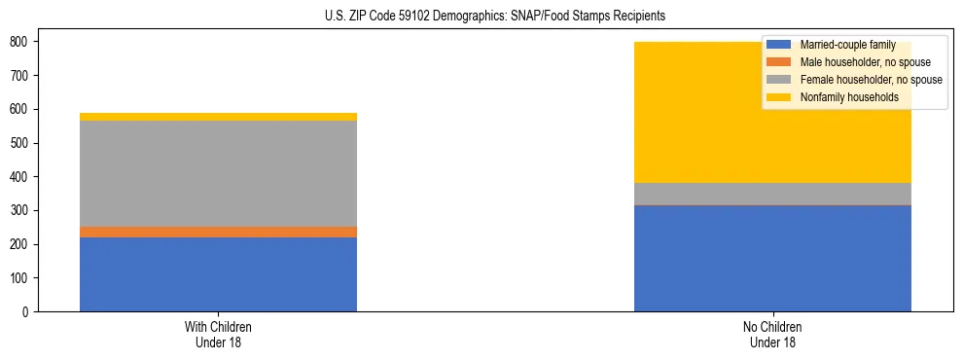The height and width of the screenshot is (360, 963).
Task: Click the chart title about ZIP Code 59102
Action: [x=495, y=17]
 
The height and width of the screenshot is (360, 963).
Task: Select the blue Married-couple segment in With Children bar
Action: [x=218, y=274]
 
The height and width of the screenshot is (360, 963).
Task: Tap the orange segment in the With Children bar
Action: [x=218, y=233]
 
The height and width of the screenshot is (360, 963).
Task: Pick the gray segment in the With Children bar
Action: [x=218, y=174]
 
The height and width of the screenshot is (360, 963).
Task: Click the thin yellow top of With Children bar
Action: [x=218, y=117]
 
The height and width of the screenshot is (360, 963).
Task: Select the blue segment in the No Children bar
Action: [x=772, y=259]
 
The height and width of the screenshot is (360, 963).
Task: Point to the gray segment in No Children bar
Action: [x=772, y=195]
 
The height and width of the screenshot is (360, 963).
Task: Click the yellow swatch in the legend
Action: [x=779, y=97]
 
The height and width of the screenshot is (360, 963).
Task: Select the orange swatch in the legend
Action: [x=779, y=62]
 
